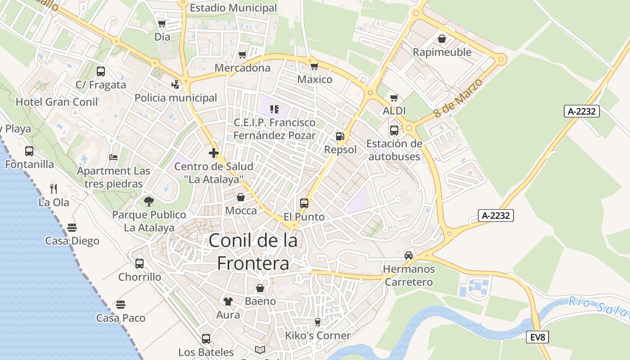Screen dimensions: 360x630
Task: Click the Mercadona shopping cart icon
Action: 243,55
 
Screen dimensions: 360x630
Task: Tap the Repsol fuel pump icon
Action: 340,136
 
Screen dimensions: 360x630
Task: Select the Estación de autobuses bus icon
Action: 394,130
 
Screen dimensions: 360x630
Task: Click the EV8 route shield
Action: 538,337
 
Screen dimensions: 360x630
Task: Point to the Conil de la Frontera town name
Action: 253,252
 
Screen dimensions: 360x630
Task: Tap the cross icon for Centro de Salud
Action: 214,153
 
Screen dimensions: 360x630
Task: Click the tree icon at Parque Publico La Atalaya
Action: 149,201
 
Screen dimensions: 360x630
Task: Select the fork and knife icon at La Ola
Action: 54,189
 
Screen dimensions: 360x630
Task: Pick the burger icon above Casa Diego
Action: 72,227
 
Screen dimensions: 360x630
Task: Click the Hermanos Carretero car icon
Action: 409,255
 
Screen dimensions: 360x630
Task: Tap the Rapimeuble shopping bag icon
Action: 442,39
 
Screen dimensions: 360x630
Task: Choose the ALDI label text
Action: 394,111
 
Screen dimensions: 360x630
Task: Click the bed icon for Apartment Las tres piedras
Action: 113,157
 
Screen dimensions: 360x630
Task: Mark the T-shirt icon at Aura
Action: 228,301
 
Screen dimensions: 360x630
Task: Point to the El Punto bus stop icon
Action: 304,203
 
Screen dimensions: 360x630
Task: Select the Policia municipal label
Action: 175,98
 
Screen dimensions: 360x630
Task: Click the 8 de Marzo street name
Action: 459,98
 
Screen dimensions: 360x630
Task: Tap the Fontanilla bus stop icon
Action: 29,151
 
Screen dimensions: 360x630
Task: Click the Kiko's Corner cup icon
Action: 317,322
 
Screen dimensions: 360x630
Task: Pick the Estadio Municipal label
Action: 233,8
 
